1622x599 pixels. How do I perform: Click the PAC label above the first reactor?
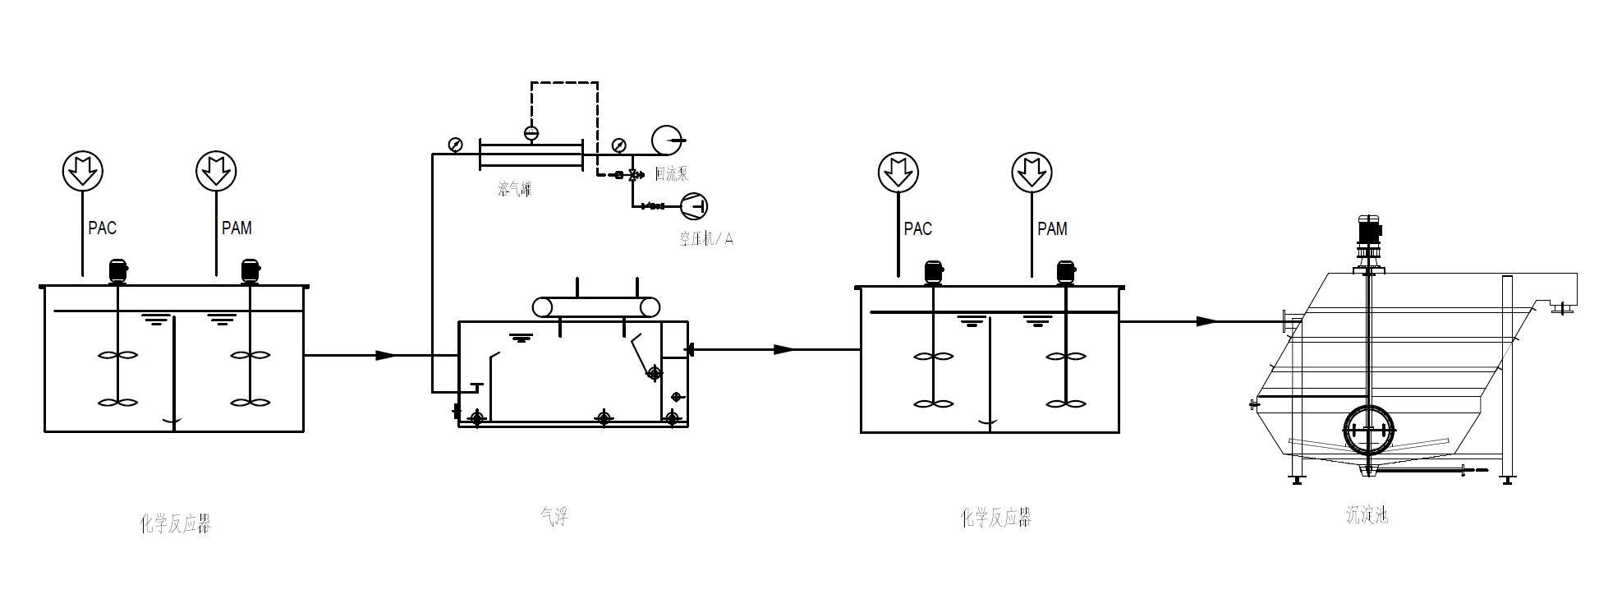tap(103, 228)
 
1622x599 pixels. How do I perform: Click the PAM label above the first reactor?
tap(237, 228)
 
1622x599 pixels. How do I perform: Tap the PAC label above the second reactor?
tap(917, 229)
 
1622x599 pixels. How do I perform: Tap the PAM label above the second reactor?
tap(1052, 229)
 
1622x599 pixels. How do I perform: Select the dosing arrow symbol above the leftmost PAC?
tap(82, 171)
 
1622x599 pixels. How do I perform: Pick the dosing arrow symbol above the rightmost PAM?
tap(1032, 173)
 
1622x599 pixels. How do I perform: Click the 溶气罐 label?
tap(515, 189)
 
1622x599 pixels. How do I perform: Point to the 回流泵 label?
tap(671, 174)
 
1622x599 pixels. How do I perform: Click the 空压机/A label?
tap(705, 239)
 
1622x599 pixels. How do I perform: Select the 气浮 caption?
tap(554, 516)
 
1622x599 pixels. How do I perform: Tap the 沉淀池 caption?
tap(1367, 514)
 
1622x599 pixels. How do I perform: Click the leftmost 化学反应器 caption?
tap(176, 523)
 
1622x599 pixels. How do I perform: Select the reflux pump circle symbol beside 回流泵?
tap(667, 141)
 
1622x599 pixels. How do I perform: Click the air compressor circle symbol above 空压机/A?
tap(692, 205)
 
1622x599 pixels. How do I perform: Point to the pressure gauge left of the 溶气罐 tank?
tap(455, 145)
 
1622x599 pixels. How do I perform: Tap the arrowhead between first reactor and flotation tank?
tap(385, 355)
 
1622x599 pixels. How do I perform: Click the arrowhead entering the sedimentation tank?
tap(1206, 321)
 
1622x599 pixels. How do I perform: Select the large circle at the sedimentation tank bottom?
tap(1368, 429)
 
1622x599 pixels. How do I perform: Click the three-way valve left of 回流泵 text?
tap(633, 175)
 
